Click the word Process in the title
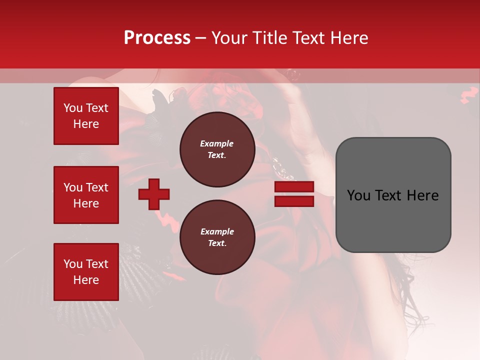[x=157, y=38]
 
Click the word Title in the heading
[x=270, y=38]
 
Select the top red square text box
[x=86, y=116]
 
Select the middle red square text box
[x=86, y=195]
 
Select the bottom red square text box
[x=86, y=272]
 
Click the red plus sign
[x=154, y=194]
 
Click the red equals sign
[x=294, y=194]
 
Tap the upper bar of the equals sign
[x=294, y=187]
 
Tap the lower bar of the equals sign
[x=294, y=201]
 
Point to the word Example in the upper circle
[x=217, y=143]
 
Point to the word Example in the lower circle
[x=217, y=231]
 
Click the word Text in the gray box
[x=386, y=195]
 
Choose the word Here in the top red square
[x=86, y=124]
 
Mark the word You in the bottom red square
[x=73, y=264]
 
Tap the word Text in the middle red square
[x=96, y=187]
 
